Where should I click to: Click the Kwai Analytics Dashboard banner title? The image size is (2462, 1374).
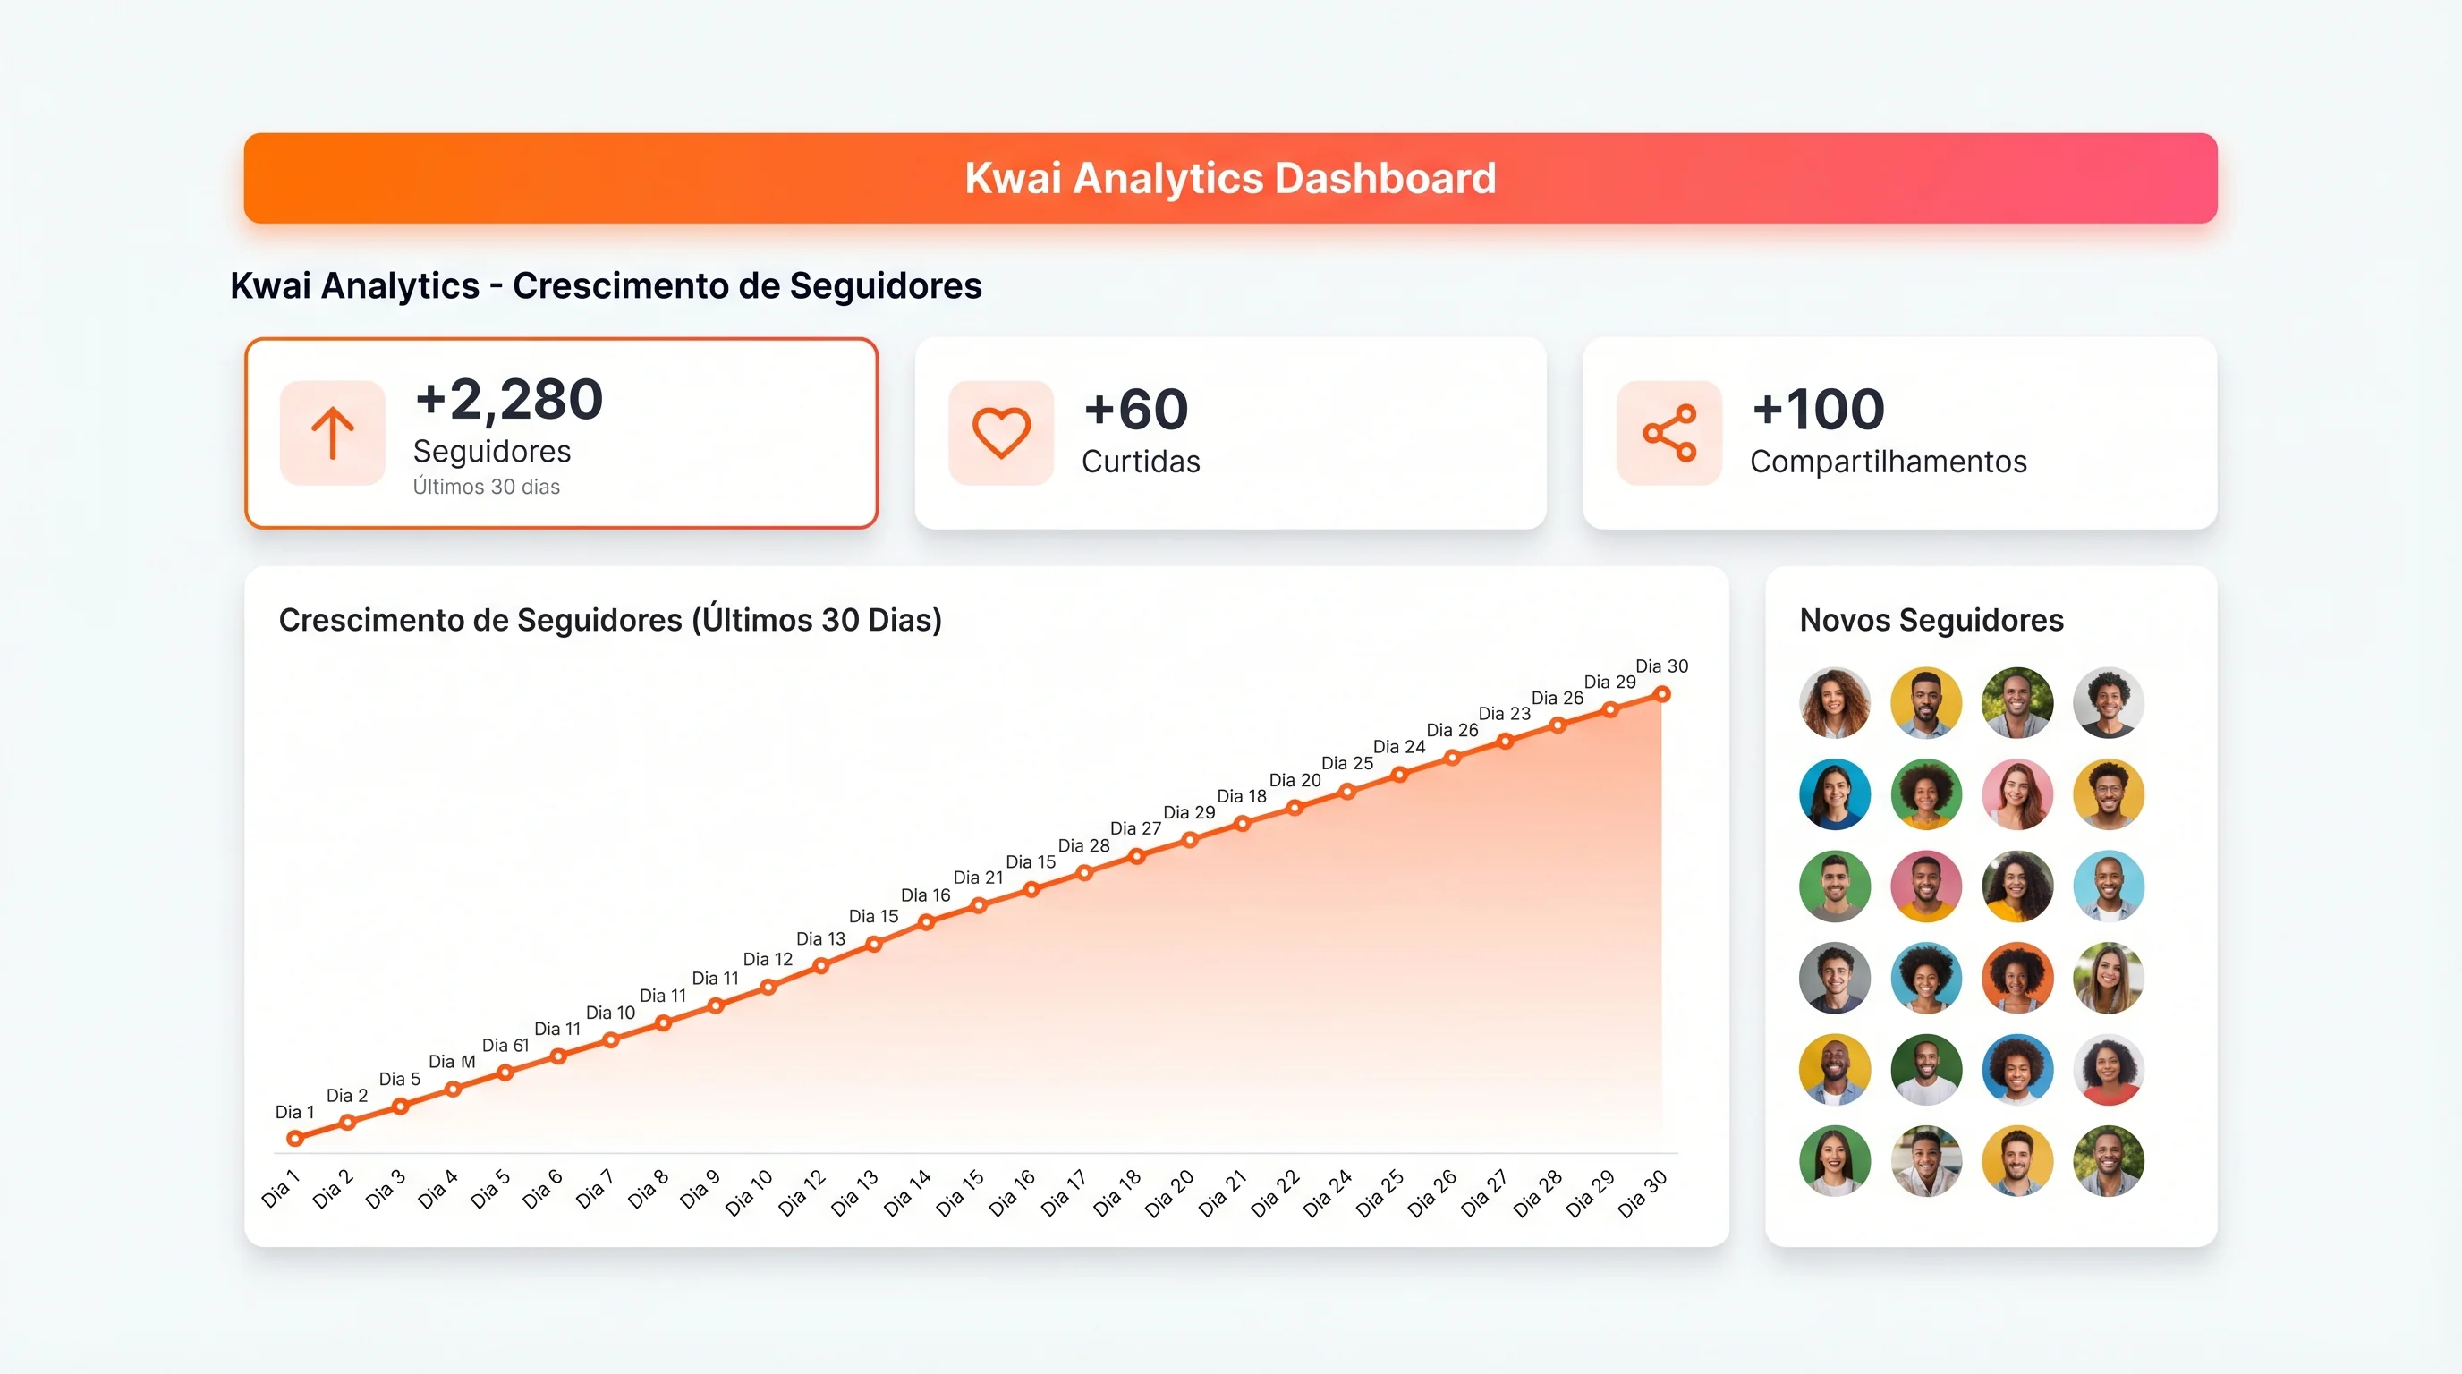point(1230,179)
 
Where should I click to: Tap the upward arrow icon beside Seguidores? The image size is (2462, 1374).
point(333,433)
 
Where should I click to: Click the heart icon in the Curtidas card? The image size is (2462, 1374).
point(1001,433)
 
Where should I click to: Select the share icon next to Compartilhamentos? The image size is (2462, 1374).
point(1668,433)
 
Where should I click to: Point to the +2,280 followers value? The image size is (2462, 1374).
point(508,399)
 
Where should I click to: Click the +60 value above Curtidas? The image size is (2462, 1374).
point(1135,409)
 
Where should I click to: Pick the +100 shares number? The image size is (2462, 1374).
point(1818,409)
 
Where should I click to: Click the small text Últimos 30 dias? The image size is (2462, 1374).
point(486,487)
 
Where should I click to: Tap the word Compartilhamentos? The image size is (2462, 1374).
point(1888,462)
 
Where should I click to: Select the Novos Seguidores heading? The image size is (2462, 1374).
point(1931,620)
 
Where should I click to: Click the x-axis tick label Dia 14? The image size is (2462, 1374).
point(906,1193)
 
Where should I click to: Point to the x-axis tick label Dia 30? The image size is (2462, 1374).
point(1642,1193)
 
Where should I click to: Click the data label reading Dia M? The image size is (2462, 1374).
point(451,1062)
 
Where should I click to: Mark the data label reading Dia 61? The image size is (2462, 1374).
point(505,1046)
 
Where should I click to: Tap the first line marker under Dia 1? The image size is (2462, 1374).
point(295,1138)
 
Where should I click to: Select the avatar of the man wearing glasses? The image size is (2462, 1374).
point(2108,794)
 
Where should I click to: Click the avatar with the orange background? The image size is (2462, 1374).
point(2016,978)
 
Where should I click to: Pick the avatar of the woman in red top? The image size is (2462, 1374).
point(2108,1069)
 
